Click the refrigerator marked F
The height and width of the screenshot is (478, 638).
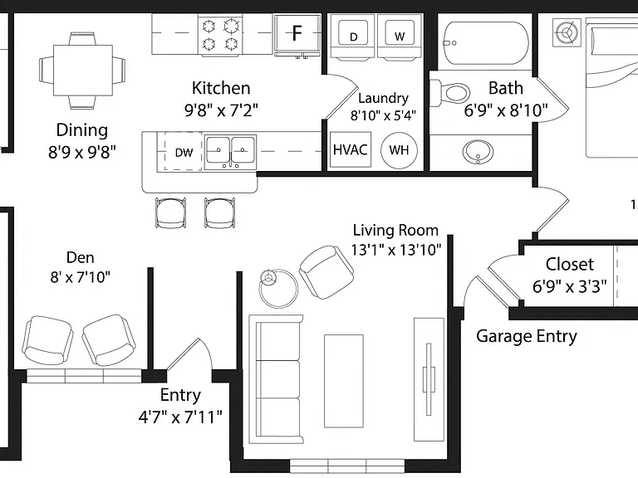point(297,36)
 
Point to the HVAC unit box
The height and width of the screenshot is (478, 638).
point(351,149)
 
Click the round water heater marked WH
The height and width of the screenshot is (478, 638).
point(399,150)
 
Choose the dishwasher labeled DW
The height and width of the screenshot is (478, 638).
point(184,152)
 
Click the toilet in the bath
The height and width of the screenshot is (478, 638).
point(450,93)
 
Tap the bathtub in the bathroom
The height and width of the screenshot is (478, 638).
point(485,43)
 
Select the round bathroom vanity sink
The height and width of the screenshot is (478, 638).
point(478,152)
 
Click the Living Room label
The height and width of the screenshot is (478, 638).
point(395,230)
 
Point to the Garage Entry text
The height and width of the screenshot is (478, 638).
point(527,336)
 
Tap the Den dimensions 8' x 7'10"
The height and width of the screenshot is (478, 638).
point(80,277)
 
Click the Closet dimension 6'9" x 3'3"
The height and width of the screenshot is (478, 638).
point(569,286)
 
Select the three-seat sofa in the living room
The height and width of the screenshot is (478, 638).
point(276,379)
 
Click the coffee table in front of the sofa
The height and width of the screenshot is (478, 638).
point(343,381)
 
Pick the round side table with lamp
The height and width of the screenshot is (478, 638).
point(279,289)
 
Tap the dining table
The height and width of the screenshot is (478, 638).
point(83,71)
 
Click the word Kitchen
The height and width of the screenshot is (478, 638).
point(221,88)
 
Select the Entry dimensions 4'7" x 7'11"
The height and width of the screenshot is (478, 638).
point(180,417)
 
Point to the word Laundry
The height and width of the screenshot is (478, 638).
point(383,99)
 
